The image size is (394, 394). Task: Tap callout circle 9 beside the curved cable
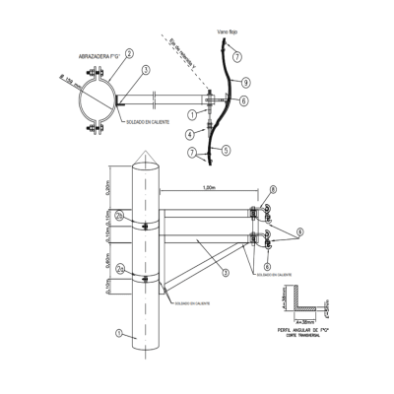point(245,82)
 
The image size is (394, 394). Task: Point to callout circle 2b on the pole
point(118,215)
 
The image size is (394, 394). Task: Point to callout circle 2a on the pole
point(118,268)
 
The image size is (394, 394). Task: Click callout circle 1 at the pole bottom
point(118,334)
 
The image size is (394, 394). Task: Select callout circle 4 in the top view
point(187,134)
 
